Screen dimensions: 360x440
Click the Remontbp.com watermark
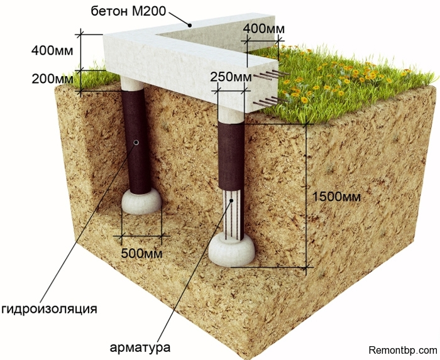tap(402, 349)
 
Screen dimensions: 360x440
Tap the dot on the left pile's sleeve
tap(136, 143)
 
